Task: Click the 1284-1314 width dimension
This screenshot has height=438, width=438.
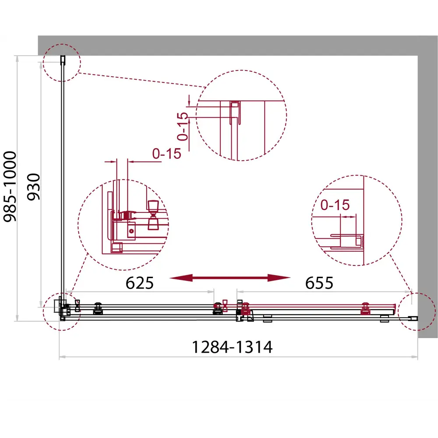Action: click(x=232, y=347)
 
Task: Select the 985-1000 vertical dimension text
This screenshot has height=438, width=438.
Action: click(x=10, y=186)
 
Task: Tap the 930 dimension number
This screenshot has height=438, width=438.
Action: click(x=34, y=187)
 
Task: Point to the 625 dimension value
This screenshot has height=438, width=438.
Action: click(x=139, y=283)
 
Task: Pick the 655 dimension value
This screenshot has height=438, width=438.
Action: click(x=319, y=283)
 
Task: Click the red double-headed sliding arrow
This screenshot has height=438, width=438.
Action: click(x=230, y=278)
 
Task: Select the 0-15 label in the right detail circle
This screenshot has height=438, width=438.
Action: click(x=335, y=205)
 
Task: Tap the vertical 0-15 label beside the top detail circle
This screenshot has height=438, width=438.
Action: click(x=183, y=126)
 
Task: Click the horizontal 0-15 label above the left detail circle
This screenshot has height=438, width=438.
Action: click(x=166, y=153)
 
